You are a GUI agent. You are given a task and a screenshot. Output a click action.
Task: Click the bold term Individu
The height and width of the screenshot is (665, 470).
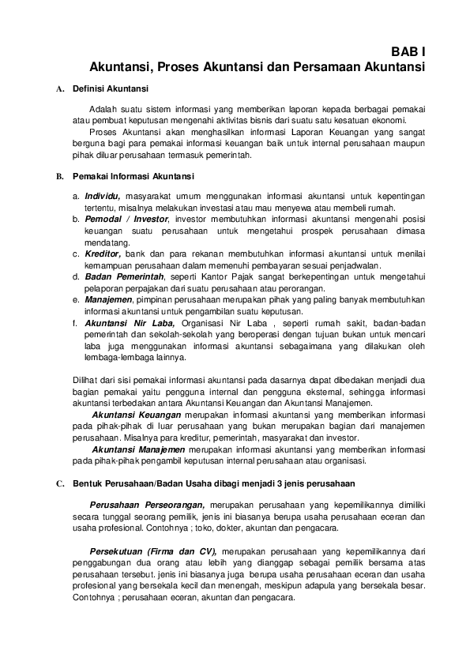(x=103, y=195)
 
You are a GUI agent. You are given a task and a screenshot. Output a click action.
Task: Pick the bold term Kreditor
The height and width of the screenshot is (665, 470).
(x=103, y=254)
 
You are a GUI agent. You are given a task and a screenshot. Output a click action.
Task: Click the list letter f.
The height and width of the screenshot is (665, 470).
(x=75, y=323)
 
